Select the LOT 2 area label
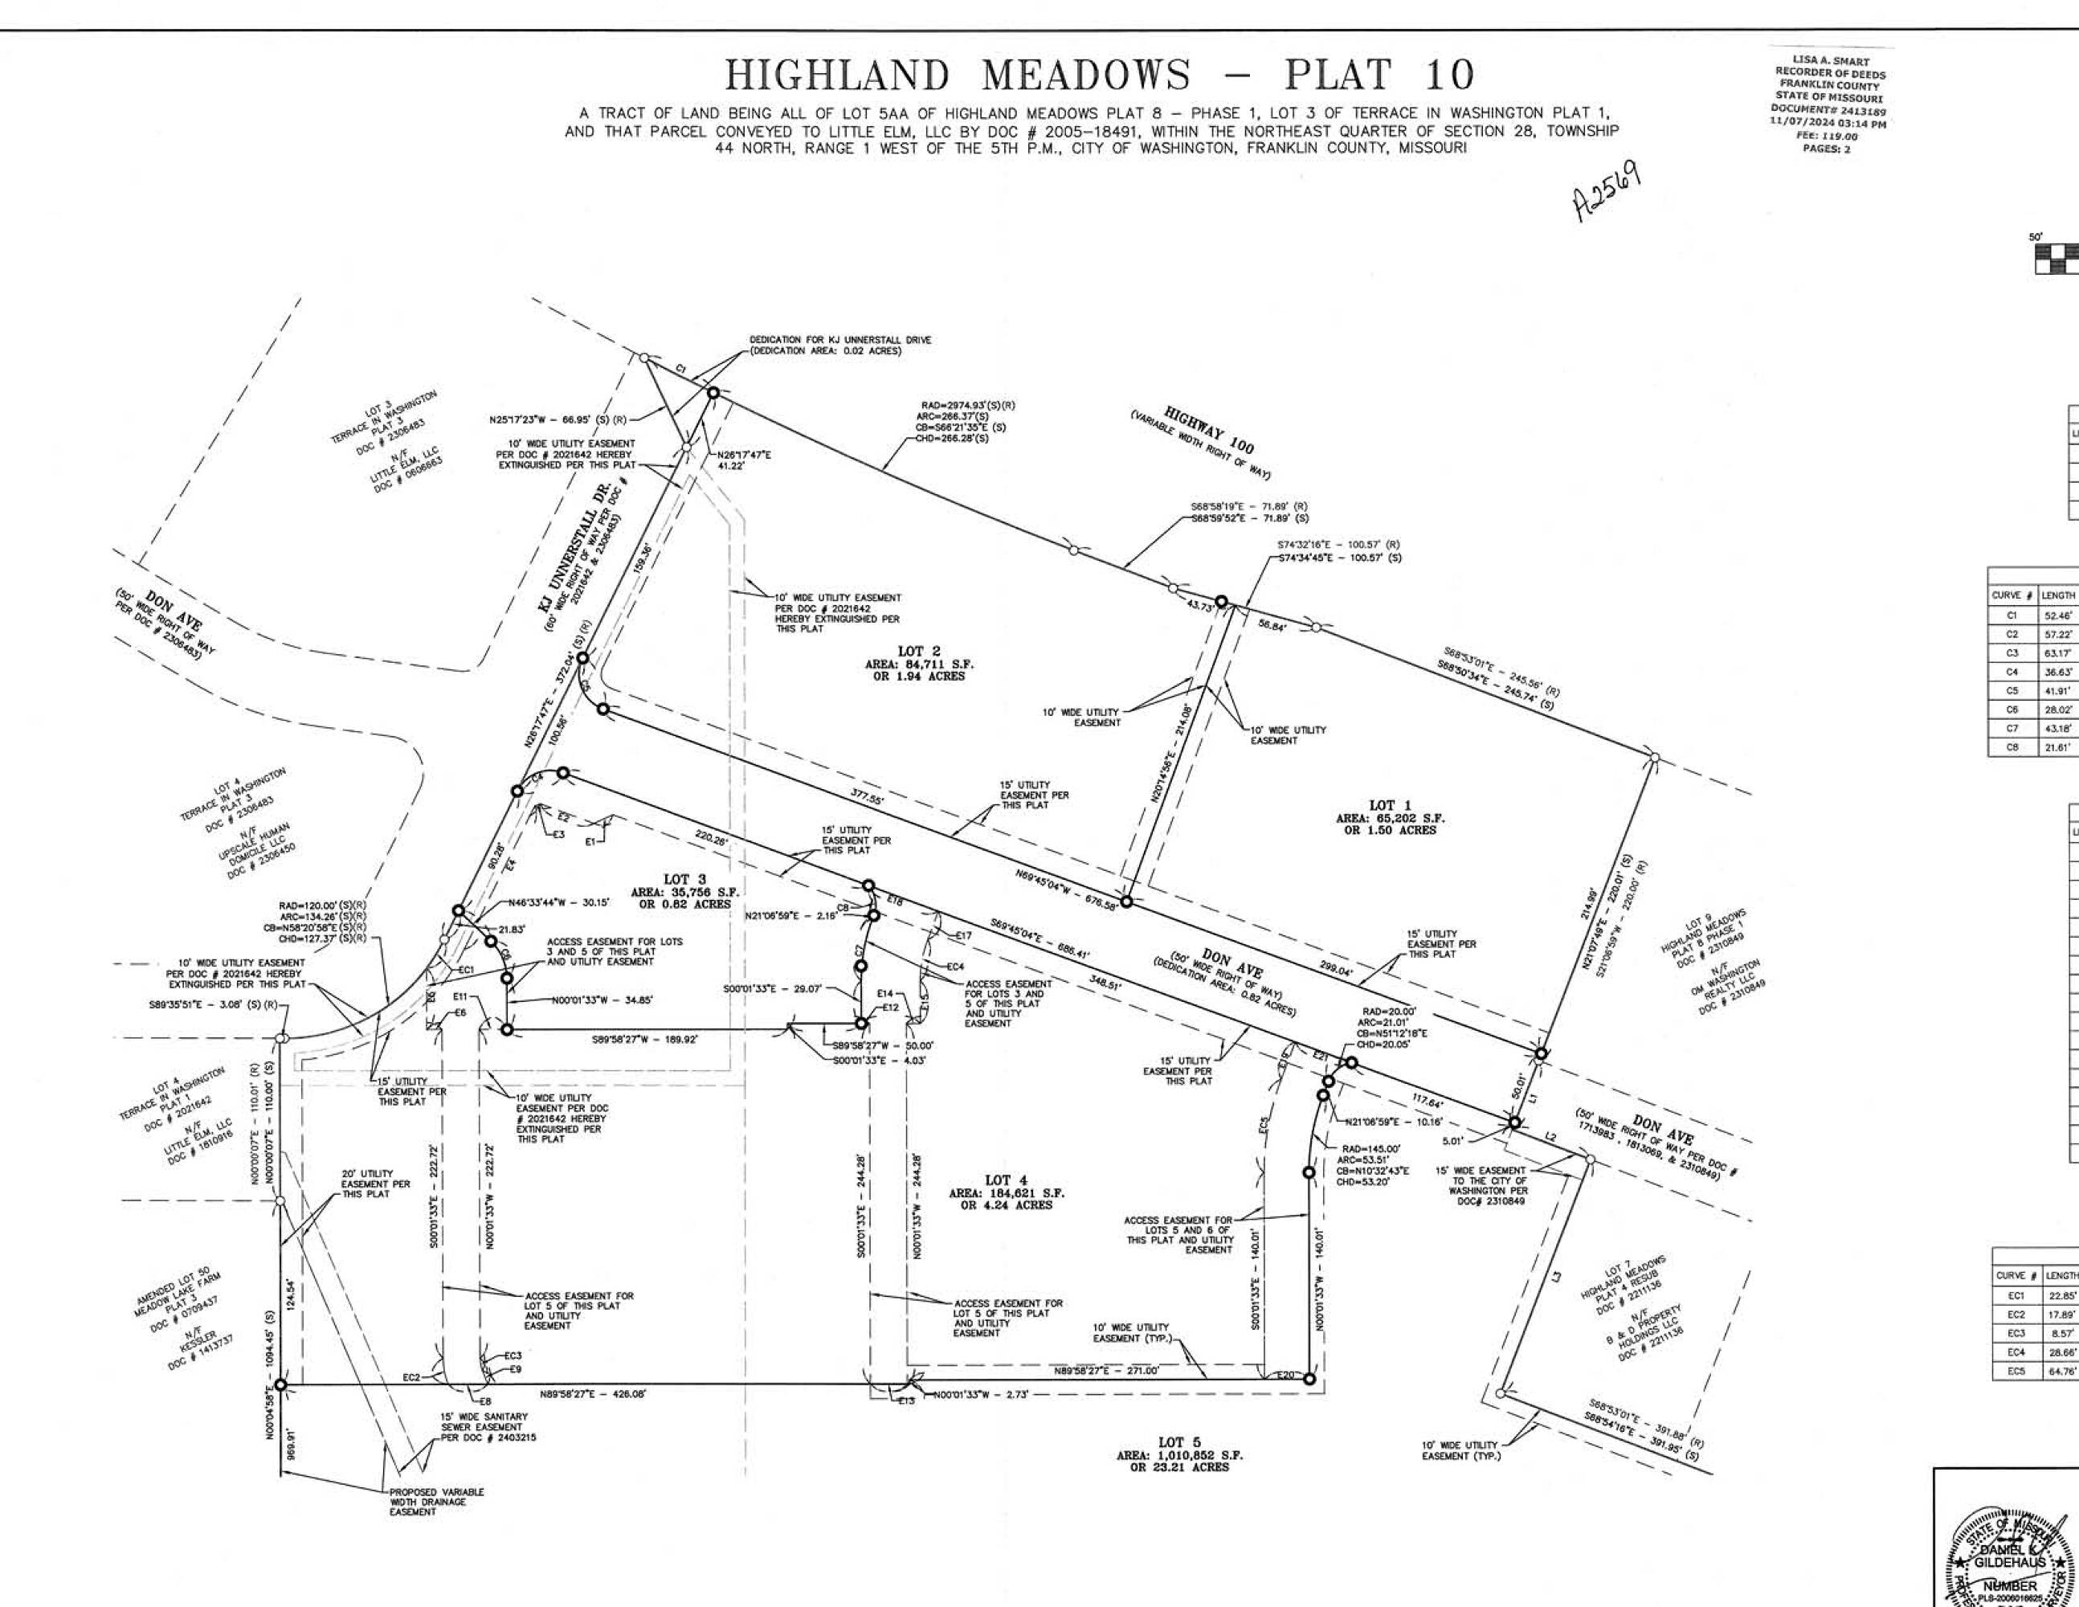pyautogui.click(x=919, y=664)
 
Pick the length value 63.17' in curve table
pyautogui.click(x=2058, y=653)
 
